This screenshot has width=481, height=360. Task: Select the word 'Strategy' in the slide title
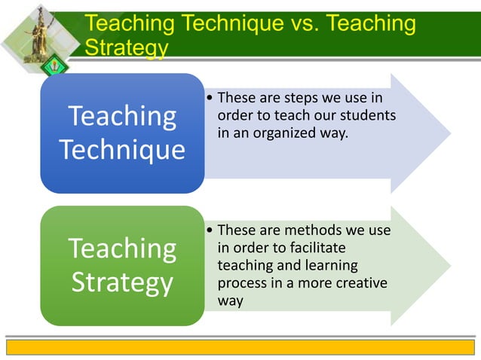coord(127,48)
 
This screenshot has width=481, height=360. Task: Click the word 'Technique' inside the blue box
coord(123,150)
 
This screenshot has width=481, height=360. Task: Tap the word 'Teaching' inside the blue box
coord(122,117)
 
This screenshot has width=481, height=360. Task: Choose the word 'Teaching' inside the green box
coord(122,249)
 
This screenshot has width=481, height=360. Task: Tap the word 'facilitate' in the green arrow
coord(314,247)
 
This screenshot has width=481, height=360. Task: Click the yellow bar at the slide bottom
coord(240,346)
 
